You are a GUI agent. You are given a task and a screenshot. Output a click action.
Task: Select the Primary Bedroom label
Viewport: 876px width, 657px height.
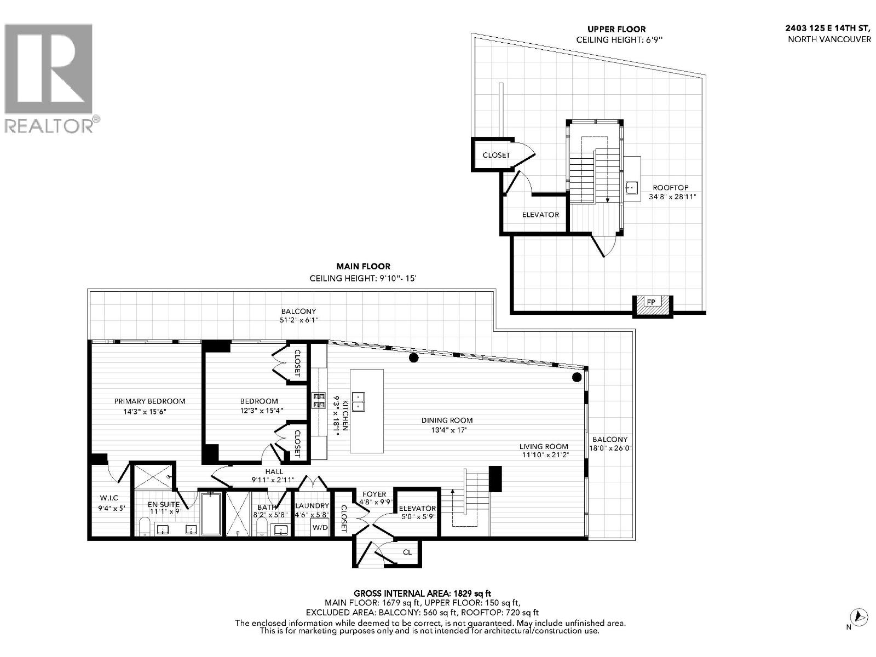149,401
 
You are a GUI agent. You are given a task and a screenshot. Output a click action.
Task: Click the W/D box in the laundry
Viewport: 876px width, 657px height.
320,528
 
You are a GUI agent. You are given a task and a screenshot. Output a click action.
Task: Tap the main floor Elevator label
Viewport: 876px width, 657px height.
417,508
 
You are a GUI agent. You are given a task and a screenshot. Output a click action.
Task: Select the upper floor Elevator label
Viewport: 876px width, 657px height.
540,215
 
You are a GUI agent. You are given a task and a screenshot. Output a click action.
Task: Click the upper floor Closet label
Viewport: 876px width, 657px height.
496,155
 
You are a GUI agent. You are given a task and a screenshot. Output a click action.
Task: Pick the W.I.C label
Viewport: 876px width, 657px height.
108,498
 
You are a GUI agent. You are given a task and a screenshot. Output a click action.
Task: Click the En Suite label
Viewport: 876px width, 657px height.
164,504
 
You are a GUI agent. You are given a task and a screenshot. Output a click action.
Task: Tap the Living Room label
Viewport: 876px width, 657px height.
544,446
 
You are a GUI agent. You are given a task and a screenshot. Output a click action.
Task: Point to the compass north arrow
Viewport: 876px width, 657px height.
859,616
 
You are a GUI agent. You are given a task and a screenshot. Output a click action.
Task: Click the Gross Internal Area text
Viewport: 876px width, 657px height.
422,593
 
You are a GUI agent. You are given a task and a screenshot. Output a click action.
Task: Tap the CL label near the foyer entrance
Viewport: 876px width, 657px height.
407,552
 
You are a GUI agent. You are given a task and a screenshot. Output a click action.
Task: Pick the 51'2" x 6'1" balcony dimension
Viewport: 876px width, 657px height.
298,320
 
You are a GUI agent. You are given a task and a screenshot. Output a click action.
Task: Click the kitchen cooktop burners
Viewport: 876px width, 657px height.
318,400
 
